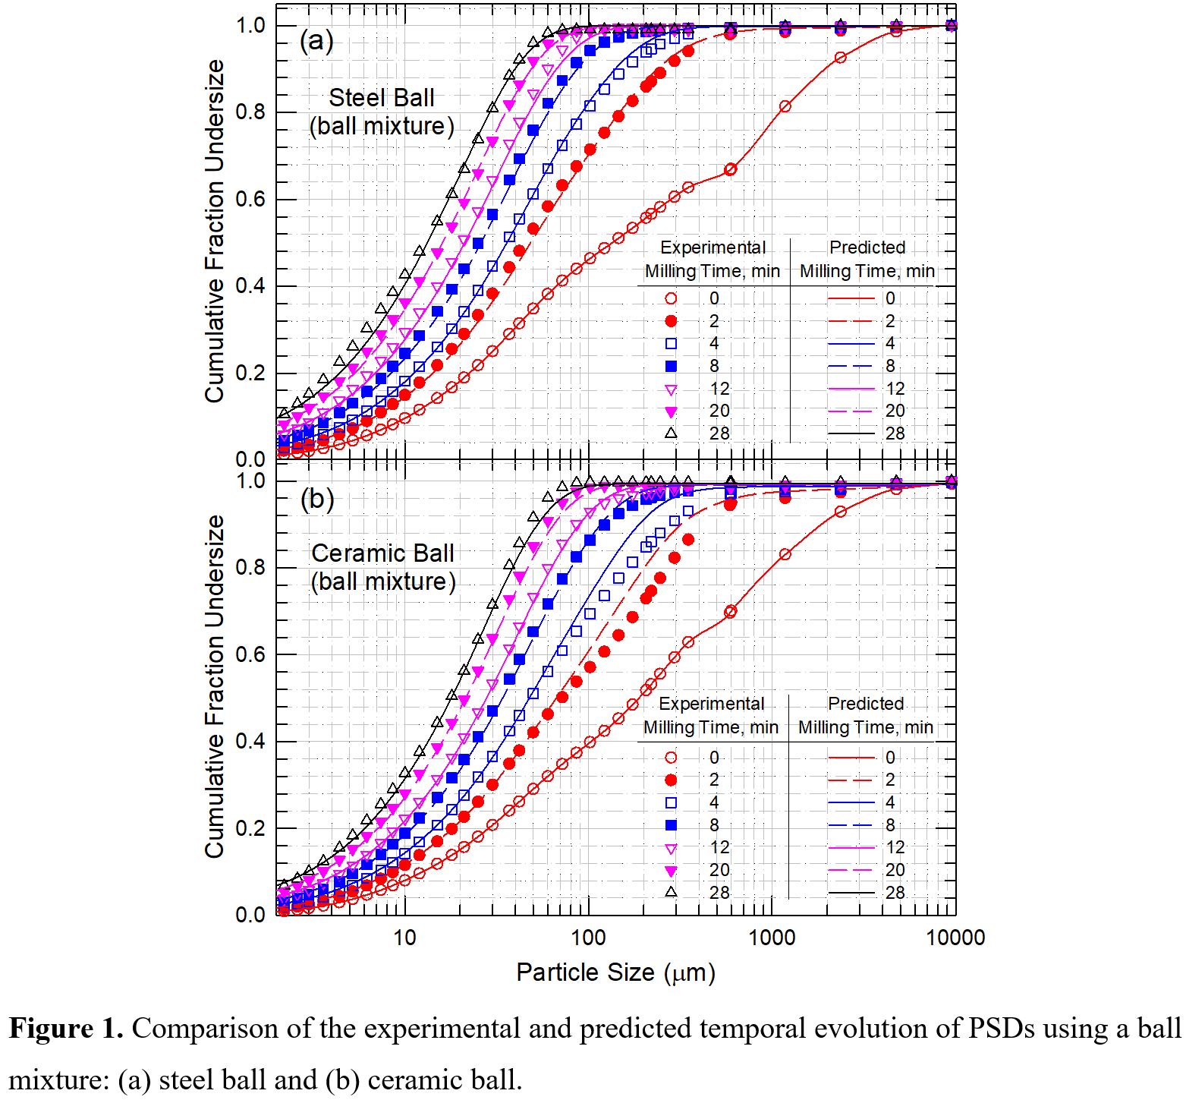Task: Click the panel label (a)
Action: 316,41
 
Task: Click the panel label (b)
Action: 317,499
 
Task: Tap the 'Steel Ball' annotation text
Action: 382,98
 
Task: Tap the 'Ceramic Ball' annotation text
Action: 382,553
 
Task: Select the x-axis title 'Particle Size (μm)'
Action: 615,972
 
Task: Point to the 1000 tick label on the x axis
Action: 772,938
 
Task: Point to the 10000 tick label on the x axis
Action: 955,938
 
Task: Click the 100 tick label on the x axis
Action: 588,938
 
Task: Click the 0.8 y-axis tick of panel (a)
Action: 250,112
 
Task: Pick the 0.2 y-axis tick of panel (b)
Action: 250,828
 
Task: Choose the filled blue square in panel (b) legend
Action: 671,825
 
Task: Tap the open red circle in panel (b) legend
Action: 671,758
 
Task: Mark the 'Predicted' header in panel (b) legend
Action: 866,704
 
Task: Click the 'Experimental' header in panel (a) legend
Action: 713,247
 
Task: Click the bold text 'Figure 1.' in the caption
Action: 66,1029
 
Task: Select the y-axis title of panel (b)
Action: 215,686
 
